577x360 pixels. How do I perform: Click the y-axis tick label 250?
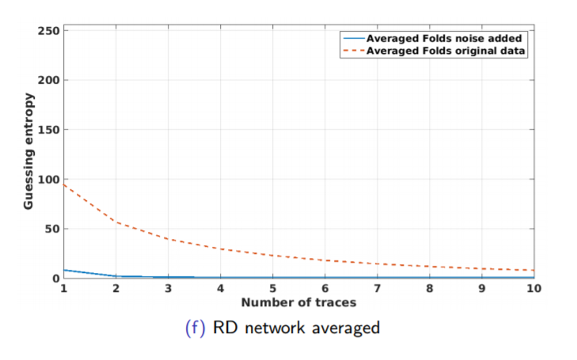point(49,31)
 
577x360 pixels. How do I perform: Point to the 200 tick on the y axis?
point(49,80)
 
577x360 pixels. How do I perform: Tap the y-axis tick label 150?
point(49,130)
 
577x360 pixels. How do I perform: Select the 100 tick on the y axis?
point(49,180)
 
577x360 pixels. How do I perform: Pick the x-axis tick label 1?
point(63,289)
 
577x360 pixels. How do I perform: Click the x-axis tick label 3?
point(168,289)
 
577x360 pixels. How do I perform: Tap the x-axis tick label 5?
point(272,289)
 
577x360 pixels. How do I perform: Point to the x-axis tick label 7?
point(378,289)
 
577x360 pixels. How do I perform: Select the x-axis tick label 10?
point(533,289)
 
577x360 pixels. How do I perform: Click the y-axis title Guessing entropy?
point(28,151)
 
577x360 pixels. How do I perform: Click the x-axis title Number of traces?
point(298,302)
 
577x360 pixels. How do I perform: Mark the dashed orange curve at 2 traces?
point(116,222)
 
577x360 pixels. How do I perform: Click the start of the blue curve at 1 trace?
point(64,270)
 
